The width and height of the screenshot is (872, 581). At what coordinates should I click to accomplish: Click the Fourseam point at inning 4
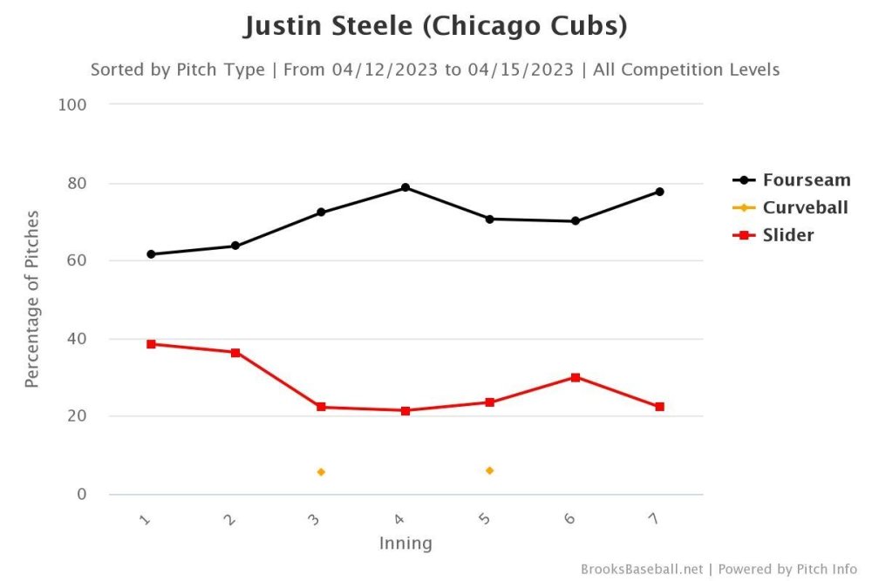pyautogui.click(x=405, y=187)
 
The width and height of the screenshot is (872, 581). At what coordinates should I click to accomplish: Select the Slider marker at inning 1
pyautogui.click(x=151, y=344)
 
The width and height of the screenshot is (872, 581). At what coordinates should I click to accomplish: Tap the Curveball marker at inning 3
pyautogui.click(x=321, y=472)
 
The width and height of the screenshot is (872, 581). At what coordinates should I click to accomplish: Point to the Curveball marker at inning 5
pyautogui.click(x=490, y=470)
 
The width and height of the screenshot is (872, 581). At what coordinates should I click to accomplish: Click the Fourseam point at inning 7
pyautogui.click(x=660, y=192)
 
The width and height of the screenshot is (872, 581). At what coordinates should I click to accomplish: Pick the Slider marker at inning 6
pyautogui.click(x=576, y=377)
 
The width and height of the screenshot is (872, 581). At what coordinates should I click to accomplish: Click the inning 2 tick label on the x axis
pyautogui.click(x=229, y=520)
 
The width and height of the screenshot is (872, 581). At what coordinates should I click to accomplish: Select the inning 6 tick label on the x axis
pyautogui.click(x=569, y=520)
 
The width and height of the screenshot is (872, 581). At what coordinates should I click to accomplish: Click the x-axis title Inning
pyautogui.click(x=405, y=544)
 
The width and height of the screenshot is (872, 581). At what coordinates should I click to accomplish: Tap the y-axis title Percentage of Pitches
pyautogui.click(x=32, y=299)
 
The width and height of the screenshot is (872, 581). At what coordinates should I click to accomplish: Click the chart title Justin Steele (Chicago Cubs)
pyautogui.click(x=435, y=26)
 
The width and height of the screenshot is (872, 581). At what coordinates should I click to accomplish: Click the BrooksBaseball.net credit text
pyautogui.click(x=641, y=569)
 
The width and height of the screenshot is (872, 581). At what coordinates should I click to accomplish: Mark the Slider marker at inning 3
pyautogui.click(x=321, y=407)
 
